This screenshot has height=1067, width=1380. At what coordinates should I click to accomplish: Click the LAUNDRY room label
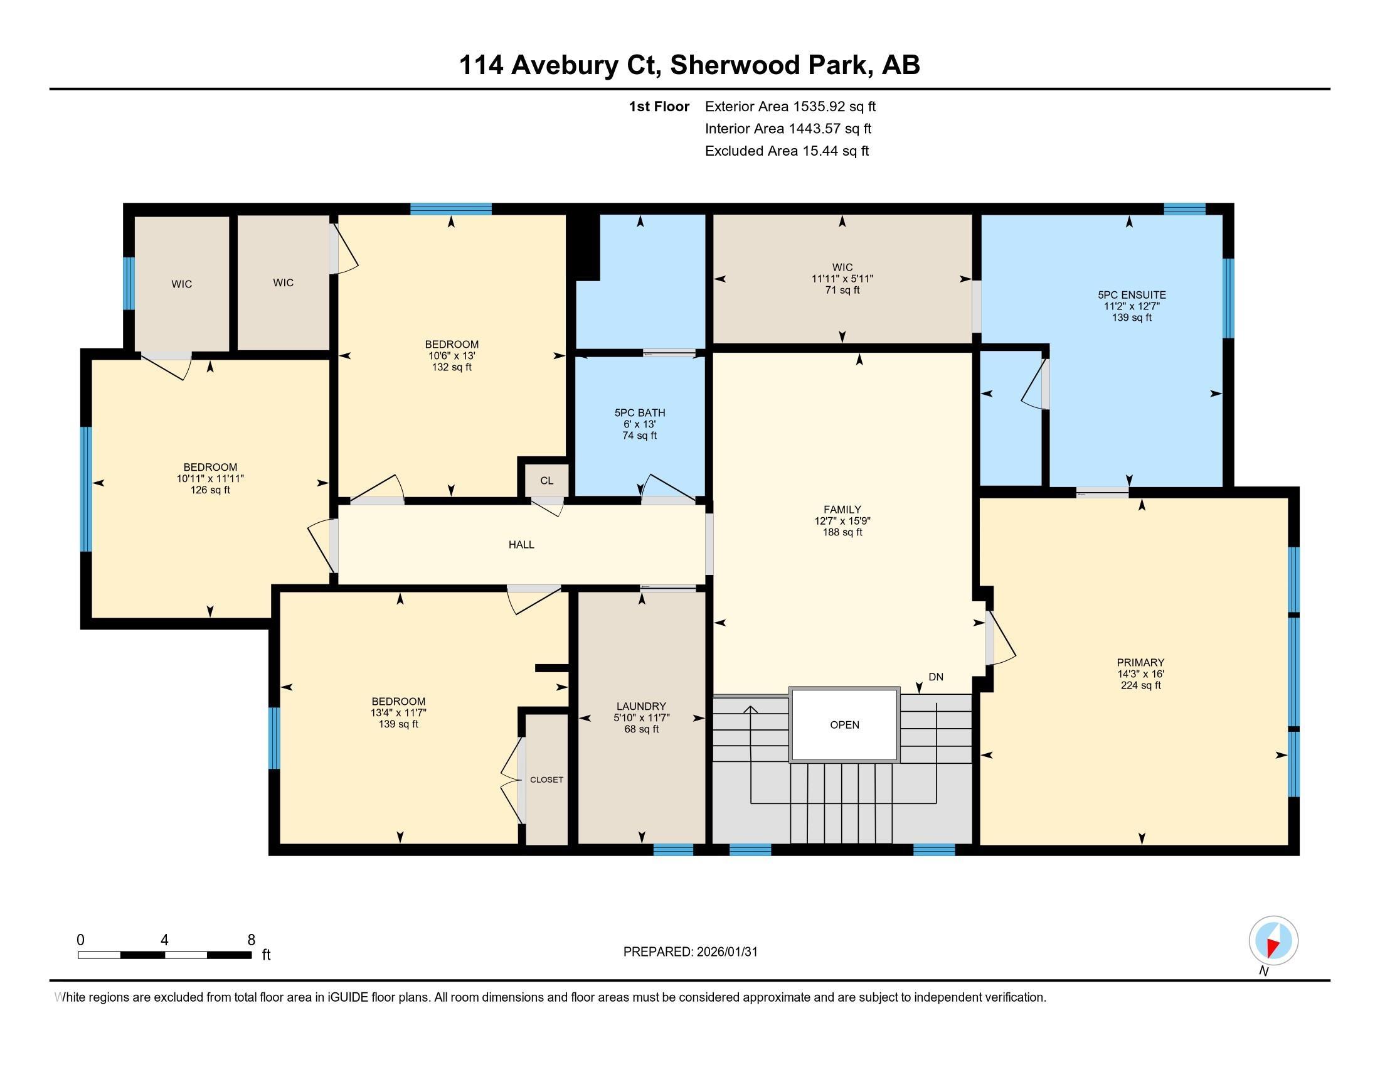click(641, 706)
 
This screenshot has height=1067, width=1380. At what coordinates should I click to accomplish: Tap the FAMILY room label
click(842, 510)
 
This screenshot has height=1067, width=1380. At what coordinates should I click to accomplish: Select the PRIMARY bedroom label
click(1140, 662)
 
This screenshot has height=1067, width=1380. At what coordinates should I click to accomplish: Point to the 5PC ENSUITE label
click(1132, 294)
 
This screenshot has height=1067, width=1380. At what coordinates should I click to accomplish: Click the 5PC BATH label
click(640, 413)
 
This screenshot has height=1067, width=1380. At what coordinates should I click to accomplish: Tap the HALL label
click(521, 544)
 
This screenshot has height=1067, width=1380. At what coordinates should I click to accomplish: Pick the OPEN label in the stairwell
click(845, 724)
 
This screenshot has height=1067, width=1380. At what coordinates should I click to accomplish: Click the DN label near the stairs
click(936, 677)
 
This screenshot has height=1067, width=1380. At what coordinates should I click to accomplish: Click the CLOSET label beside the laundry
click(546, 780)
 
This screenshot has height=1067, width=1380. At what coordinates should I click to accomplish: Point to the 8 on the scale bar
click(251, 940)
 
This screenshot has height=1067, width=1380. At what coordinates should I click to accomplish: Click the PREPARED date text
click(690, 952)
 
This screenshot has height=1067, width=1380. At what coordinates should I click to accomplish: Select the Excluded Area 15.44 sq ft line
click(787, 151)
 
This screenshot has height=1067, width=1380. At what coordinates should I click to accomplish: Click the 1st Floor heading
click(659, 107)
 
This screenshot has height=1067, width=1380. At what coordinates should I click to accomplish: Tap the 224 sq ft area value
click(1140, 685)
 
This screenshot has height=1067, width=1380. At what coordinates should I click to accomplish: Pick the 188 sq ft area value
click(842, 532)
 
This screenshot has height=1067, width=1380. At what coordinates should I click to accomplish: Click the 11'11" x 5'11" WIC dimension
click(842, 279)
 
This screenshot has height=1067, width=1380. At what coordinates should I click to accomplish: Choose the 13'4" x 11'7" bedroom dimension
click(399, 712)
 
